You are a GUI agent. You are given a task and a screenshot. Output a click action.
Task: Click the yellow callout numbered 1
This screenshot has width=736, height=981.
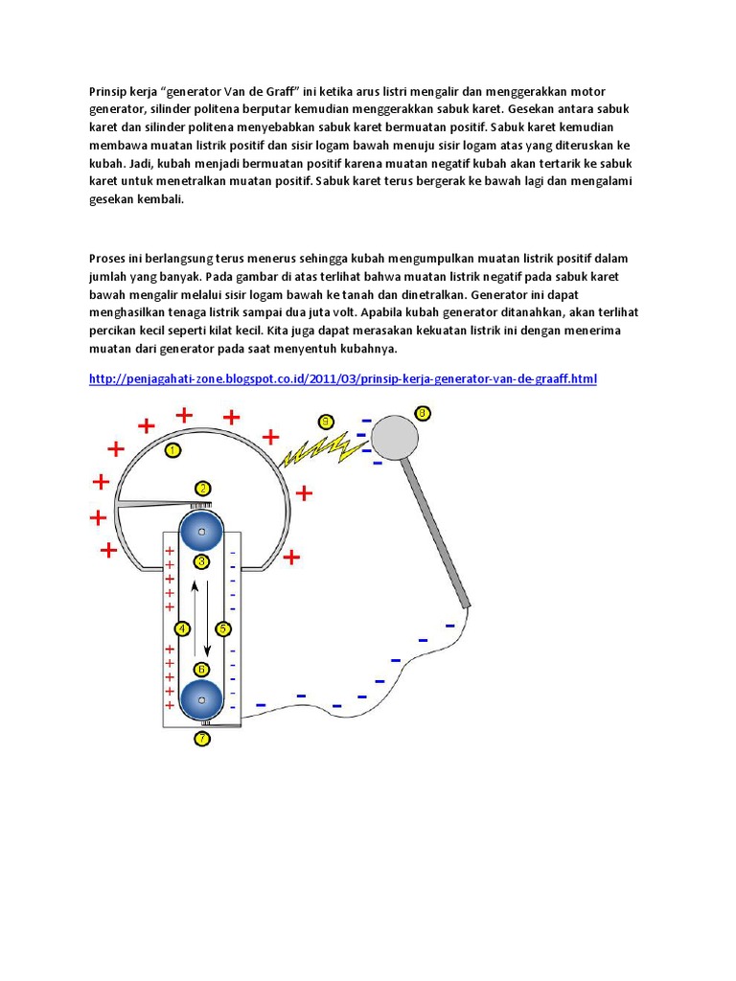(x=172, y=448)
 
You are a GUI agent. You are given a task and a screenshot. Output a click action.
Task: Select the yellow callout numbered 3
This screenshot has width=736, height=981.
(x=202, y=561)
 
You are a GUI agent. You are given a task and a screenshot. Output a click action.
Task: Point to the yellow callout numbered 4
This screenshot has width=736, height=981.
(x=182, y=629)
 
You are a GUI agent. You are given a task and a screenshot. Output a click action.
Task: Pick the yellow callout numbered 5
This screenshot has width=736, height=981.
(x=223, y=629)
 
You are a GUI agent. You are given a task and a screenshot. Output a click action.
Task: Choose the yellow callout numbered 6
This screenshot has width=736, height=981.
(x=202, y=670)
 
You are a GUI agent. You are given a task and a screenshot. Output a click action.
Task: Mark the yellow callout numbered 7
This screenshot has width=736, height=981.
(x=202, y=739)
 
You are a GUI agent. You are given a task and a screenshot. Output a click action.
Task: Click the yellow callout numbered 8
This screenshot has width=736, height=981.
(x=423, y=414)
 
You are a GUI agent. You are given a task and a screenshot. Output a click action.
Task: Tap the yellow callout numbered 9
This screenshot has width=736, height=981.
(x=326, y=422)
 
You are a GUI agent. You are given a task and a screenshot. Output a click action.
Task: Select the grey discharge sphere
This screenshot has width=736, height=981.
(x=395, y=438)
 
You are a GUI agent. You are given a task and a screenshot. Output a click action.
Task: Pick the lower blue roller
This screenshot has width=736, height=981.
(x=202, y=702)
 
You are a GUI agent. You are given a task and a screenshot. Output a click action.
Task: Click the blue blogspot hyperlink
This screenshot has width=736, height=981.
(x=342, y=379)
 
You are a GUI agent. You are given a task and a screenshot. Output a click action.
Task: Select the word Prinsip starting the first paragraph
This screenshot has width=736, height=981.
(x=107, y=90)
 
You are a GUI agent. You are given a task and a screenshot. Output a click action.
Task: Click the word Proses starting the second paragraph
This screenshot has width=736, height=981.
(x=108, y=259)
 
